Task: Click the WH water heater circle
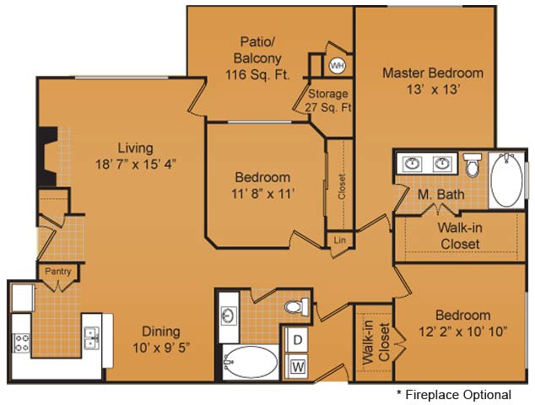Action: (337, 65)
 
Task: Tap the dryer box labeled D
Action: (296, 340)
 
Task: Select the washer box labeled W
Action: (296, 366)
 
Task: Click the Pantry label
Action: (58, 272)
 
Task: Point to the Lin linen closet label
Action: (339, 240)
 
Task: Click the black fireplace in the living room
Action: (47, 157)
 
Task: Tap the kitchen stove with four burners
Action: (21, 343)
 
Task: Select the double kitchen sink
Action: (92, 337)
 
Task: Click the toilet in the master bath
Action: (473, 165)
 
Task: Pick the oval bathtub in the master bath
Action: (506, 180)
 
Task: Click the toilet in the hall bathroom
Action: (296, 305)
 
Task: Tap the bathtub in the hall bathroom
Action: (251, 362)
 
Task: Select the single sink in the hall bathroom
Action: (229, 316)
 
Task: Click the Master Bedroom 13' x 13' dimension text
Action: (434, 89)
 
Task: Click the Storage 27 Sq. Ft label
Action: (328, 100)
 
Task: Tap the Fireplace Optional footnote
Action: (454, 395)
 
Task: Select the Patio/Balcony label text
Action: (257, 50)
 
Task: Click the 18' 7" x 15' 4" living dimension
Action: (136, 165)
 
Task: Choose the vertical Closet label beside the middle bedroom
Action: (342, 186)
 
